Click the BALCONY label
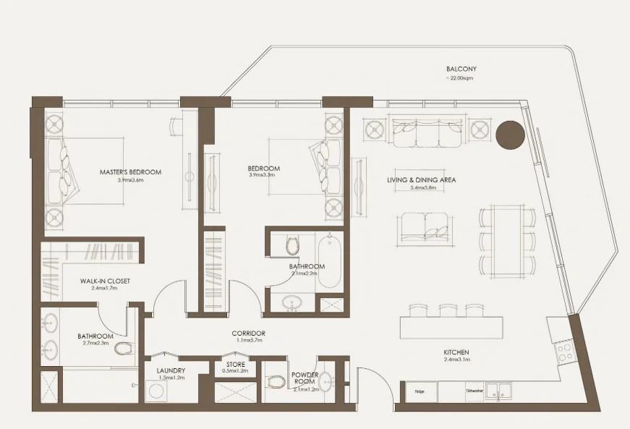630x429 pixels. (x=461, y=69)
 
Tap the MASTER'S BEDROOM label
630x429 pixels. (x=130, y=172)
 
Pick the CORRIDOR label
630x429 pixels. (x=248, y=334)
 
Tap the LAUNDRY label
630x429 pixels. (x=171, y=370)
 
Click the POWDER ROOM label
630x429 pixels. (x=305, y=378)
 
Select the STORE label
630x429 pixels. (x=236, y=364)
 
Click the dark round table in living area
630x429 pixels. (x=511, y=135)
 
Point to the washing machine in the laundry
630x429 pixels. (x=157, y=391)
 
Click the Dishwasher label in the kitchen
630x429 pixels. (x=474, y=391)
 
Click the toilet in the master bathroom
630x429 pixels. (x=123, y=351)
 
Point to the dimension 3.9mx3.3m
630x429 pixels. (x=263, y=176)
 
